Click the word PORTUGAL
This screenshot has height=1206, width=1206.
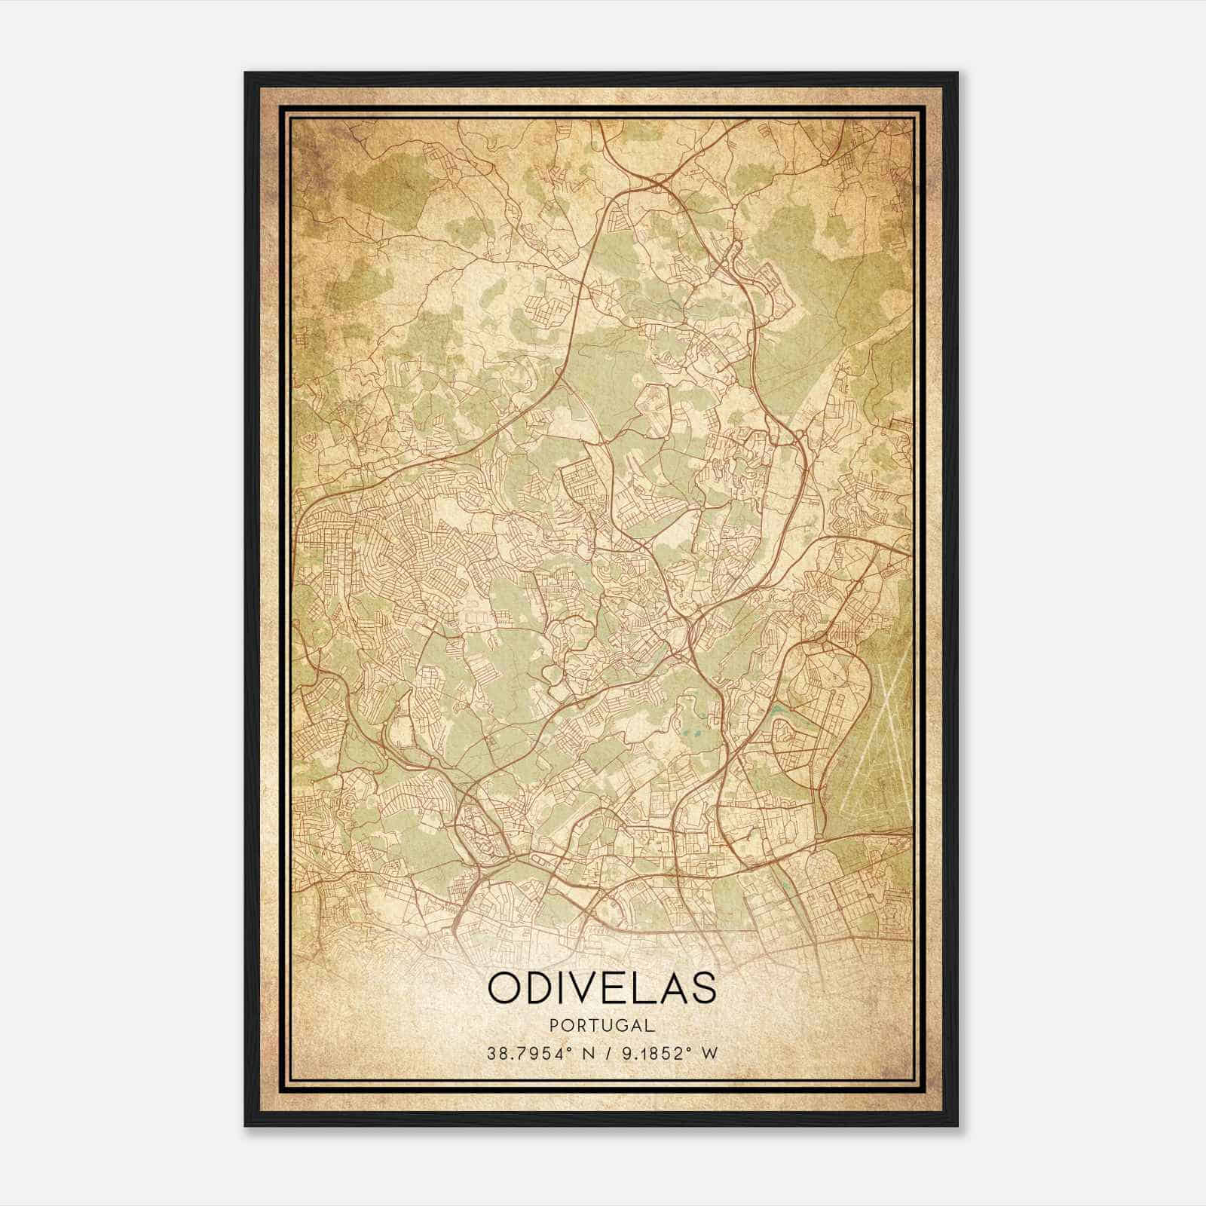tap(602, 1025)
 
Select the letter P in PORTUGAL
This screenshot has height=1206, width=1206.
tap(556, 1025)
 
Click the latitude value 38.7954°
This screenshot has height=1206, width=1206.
tap(527, 1053)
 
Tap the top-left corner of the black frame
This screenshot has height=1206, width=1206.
tap(246, 73)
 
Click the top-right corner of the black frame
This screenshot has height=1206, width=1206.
tap(957, 73)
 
